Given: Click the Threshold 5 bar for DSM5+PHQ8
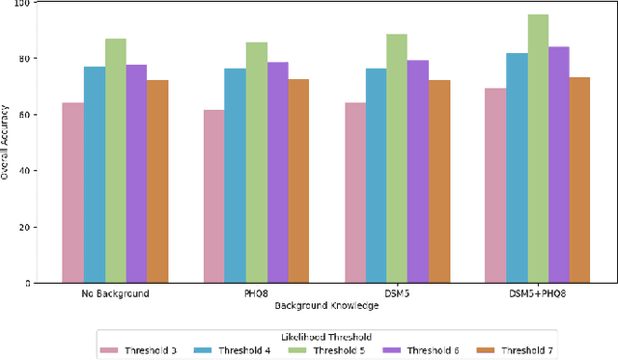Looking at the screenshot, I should pyautogui.click(x=538, y=149).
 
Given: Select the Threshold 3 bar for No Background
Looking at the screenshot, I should pyautogui.click(x=72, y=193).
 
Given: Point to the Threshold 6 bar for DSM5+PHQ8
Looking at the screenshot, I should pyautogui.click(x=559, y=165).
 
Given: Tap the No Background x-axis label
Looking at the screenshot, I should pyautogui.click(x=115, y=293).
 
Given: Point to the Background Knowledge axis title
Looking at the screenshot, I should pyautogui.click(x=325, y=305).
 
